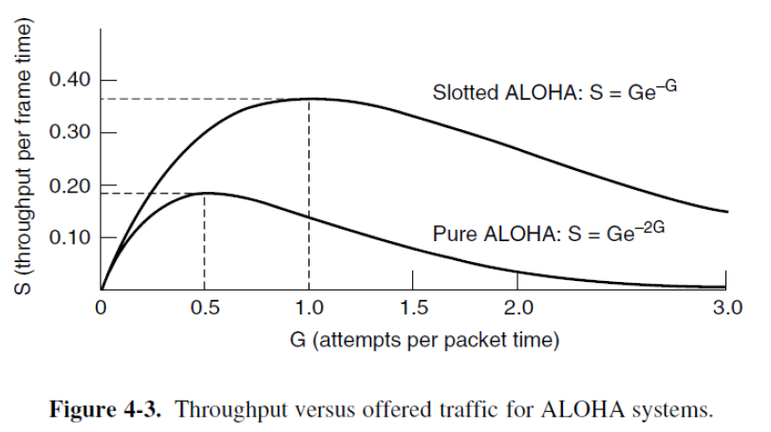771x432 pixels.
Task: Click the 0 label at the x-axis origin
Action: pyautogui.click(x=101, y=309)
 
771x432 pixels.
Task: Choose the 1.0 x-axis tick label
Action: pyautogui.click(x=309, y=309)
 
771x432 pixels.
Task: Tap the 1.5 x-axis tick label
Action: pyautogui.click(x=413, y=309)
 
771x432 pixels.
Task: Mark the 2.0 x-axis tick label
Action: pyautogui.click(x=517, y=309)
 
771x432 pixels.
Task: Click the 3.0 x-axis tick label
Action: pyautogui.click(x=726, y=309)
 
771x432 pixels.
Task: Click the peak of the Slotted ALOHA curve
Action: pyautogui.click(x=309, y=98)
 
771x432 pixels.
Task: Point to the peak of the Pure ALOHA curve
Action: pyautogui.click(x=205, y=193)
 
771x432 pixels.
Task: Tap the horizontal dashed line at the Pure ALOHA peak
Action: pyautogui.click(x=152, y=194)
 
